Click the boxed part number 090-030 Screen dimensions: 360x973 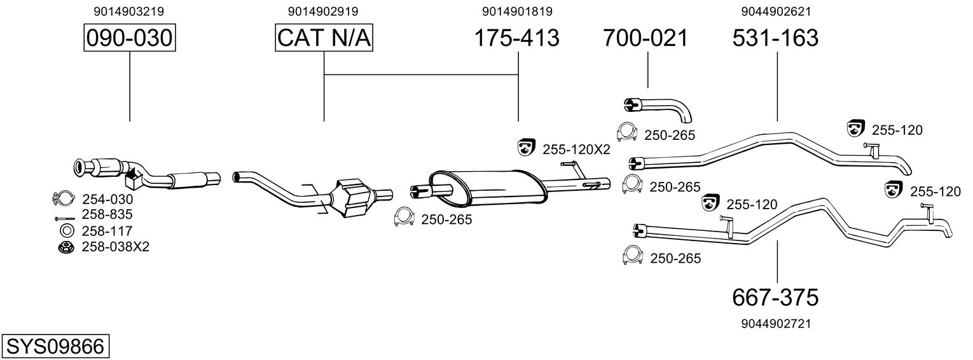[x=130, y=38]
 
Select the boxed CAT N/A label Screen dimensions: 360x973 [x=324, y=38]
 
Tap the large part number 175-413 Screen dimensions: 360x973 [x=517, y=38]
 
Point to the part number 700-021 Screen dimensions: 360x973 [x=645, y=38]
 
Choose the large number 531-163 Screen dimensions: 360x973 [x=775, y=38]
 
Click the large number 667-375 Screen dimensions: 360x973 [x=775, y=296]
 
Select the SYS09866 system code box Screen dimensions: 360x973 [x=55, y=347]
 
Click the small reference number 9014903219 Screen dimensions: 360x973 [x=130, y=11]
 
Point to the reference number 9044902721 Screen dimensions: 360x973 [x=775, y=324]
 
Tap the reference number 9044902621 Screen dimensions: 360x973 [x=775, y=11]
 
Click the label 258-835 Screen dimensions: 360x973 [x=107, y=214]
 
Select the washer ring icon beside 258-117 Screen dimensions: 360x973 [x=66, y=230]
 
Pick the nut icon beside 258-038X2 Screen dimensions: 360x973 [x=65, y=247]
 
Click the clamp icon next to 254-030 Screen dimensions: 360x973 [x=64, y=198]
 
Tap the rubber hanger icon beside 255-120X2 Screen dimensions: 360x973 [x=527, y=148]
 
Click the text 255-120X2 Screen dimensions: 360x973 [x=576, y=150]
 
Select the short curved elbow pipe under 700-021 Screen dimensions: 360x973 [x=658, y=108]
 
